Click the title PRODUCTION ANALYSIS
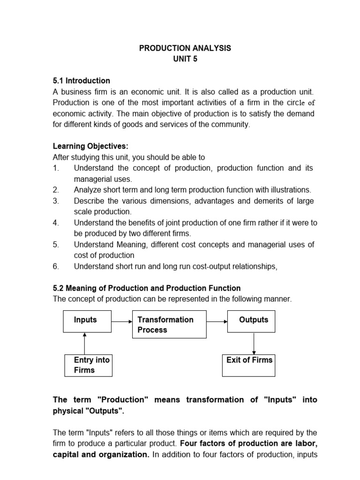tap(185, 49)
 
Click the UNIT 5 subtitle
tap(185, 60)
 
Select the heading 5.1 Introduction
tap(81, 81)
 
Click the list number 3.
tap(56, 201)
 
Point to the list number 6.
tap(56, 266)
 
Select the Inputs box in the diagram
tap(87, 322)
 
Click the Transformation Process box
tap(169, 324)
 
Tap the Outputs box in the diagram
tap(251, 322)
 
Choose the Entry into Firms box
tap(88, 365)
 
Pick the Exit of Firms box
tap(249, 365)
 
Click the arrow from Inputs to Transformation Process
tap(122, 322)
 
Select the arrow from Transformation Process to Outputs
tap(217, 322)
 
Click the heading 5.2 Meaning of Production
tap(146, 288)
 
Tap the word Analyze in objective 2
tap(88, 190)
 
